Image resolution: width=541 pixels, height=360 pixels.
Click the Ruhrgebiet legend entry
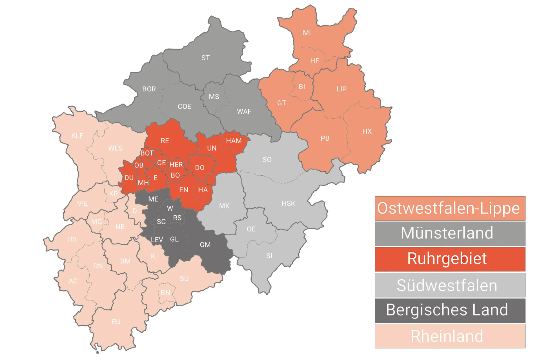[x=450, y=259]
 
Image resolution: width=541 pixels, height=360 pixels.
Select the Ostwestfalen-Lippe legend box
[x=450, y=208]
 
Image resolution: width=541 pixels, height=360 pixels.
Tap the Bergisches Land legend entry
[x=450, y=310]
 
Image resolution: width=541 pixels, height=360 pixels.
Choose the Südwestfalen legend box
[x=450, y=285]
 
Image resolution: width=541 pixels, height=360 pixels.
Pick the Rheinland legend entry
[x=450, y=336]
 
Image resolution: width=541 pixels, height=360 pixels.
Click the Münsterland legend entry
[x=450, y=233]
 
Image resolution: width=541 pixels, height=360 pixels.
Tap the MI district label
[x=307, y=33]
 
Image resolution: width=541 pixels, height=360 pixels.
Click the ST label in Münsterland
[x=205, y=58]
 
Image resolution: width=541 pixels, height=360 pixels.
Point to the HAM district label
[x=234, y=141]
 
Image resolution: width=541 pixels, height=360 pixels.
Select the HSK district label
[x=288, y=203]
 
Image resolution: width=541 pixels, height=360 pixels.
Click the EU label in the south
[x=116, y=322]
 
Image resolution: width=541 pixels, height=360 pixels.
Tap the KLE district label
[x=77, y=136]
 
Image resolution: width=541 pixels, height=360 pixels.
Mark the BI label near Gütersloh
[x=302, y=87]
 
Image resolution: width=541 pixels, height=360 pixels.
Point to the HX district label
[x=367, y=131]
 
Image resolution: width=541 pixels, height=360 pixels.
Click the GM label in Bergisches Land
[x=205, y=245]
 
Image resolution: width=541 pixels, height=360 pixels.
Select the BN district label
[x=165, y=293]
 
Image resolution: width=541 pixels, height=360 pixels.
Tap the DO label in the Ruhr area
[x=199, y=168]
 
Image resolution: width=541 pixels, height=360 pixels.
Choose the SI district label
[x=269, y=256]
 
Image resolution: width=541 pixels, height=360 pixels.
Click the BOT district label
[x=147, y=153]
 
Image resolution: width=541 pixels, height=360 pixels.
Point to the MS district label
[x=214, y=97]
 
